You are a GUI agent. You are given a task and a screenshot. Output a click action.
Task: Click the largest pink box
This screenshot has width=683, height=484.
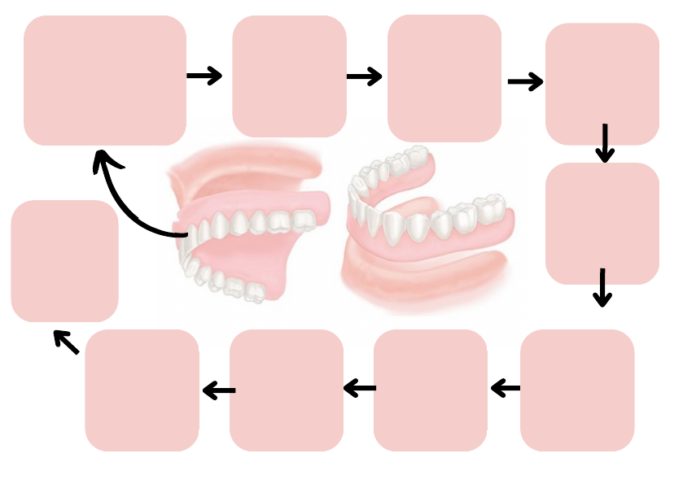(x=105, y=80)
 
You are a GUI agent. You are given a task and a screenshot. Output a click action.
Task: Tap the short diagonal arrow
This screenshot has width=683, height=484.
(x=66, y=342)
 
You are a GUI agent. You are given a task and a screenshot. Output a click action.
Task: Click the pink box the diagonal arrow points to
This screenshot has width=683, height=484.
(x=64, y=260)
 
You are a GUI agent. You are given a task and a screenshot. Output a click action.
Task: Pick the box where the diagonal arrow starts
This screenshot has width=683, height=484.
(x=142, y=390)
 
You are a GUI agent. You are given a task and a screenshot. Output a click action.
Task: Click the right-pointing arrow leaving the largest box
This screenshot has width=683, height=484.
(x=204, y=76)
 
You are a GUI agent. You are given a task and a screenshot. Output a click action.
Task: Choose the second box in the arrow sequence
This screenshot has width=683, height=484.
(x=289, y=76)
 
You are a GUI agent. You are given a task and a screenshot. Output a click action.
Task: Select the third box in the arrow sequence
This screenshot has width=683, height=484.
(x=444, y=78)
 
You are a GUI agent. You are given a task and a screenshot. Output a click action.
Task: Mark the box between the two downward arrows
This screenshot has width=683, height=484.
(x=602, y=224)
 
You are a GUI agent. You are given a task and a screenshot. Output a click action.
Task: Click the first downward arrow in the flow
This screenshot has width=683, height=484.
(x=604, y=143)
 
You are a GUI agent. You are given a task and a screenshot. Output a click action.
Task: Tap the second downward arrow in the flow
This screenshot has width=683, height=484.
(x=602, y=287)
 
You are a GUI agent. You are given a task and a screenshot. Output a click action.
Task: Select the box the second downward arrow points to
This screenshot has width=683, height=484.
(x=576, y=390)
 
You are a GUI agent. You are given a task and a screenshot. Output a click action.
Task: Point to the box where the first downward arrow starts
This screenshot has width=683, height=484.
(x=602, y=83)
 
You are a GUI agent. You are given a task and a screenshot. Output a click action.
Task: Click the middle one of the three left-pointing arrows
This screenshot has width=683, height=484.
(x=360, y=389)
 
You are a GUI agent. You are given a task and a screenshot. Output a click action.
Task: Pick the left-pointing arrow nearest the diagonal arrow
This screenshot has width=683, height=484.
(x=218, y=391)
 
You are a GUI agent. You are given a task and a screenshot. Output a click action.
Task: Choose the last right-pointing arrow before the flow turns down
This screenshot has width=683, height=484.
(x=525, y=81)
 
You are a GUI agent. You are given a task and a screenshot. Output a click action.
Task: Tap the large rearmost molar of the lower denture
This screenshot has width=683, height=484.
(x=491, y=210)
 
